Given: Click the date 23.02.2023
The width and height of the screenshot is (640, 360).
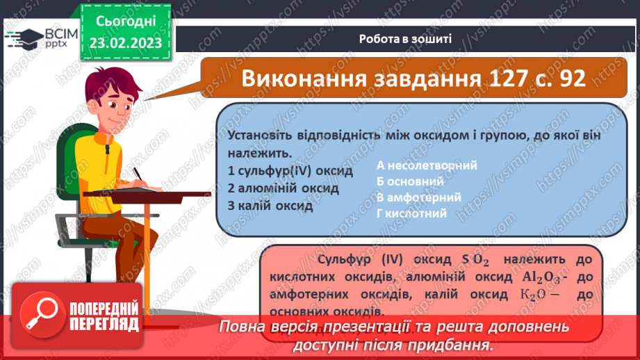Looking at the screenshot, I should pos(124,43).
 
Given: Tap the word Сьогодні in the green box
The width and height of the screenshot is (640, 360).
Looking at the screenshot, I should pos(125,23).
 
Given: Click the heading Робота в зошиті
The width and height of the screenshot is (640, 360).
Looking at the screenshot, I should pos(406,39).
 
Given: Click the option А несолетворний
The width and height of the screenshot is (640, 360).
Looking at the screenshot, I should pos(426,165).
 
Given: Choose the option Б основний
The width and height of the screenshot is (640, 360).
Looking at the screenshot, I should pos(410,181).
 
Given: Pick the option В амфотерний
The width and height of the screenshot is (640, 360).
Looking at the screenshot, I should pos(419,197).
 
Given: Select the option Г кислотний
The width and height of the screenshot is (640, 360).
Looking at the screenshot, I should pos(411,213).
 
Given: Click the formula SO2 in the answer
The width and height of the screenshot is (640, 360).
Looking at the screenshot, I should pos(476,261).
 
